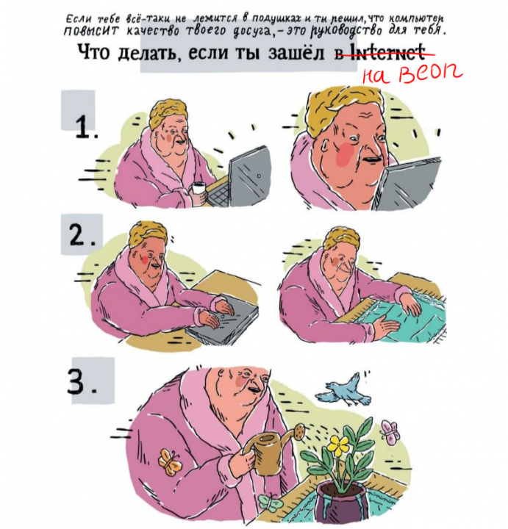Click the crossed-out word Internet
(387, 53)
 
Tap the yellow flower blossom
(339, 444)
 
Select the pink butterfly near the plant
(390, 432)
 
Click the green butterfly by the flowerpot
(270, 503)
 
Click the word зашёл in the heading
(298, 54)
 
